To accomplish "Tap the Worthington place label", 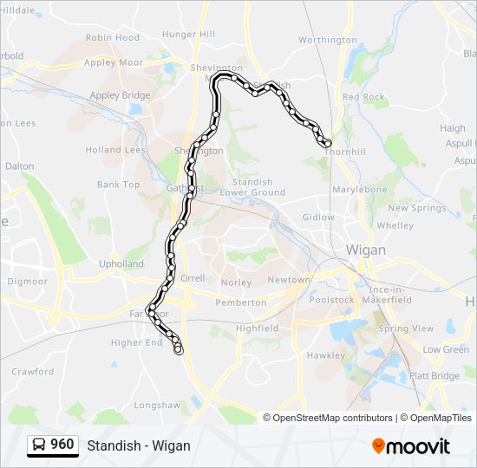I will [327, 40].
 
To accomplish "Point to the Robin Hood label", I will [113, 37].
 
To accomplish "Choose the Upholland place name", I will [121, 263].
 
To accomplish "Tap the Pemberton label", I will [241, 302].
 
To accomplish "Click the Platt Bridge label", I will [435, 375].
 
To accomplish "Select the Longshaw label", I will [156, 405].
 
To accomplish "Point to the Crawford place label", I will [32, 372].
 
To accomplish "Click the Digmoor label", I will [27, 281].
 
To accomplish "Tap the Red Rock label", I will [363, 97].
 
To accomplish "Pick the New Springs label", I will [416, 208].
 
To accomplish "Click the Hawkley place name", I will [325, 355].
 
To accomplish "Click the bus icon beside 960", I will [39, 445].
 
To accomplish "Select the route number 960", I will [62, 445].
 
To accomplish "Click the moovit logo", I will [411, 446].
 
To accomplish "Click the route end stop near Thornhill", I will [326, 143].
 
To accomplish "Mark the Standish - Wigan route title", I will [139, 445].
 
